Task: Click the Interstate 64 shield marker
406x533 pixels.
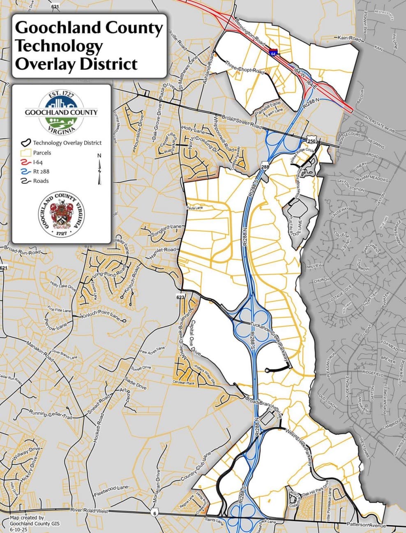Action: coord(273,52)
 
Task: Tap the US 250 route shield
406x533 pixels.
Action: coord(311,141)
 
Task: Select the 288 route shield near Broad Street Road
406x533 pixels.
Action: coord(265,167)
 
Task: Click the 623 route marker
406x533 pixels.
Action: coord(180,296)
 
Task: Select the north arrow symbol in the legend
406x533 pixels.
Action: coord(99,168)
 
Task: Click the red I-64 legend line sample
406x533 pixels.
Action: coord(25,162)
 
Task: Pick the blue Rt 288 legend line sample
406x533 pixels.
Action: coord(25,172)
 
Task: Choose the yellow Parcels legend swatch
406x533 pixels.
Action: coord(25,153)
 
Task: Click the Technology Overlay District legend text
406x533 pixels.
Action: coord(67,143)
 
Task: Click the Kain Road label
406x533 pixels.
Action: coord(349,39)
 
